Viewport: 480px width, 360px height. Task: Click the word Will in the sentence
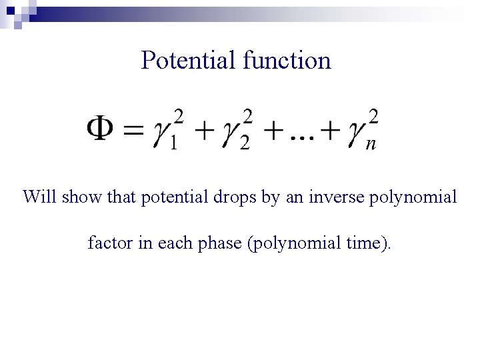click(x=36, y=197)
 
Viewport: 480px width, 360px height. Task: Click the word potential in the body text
click(x=171, y=198)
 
